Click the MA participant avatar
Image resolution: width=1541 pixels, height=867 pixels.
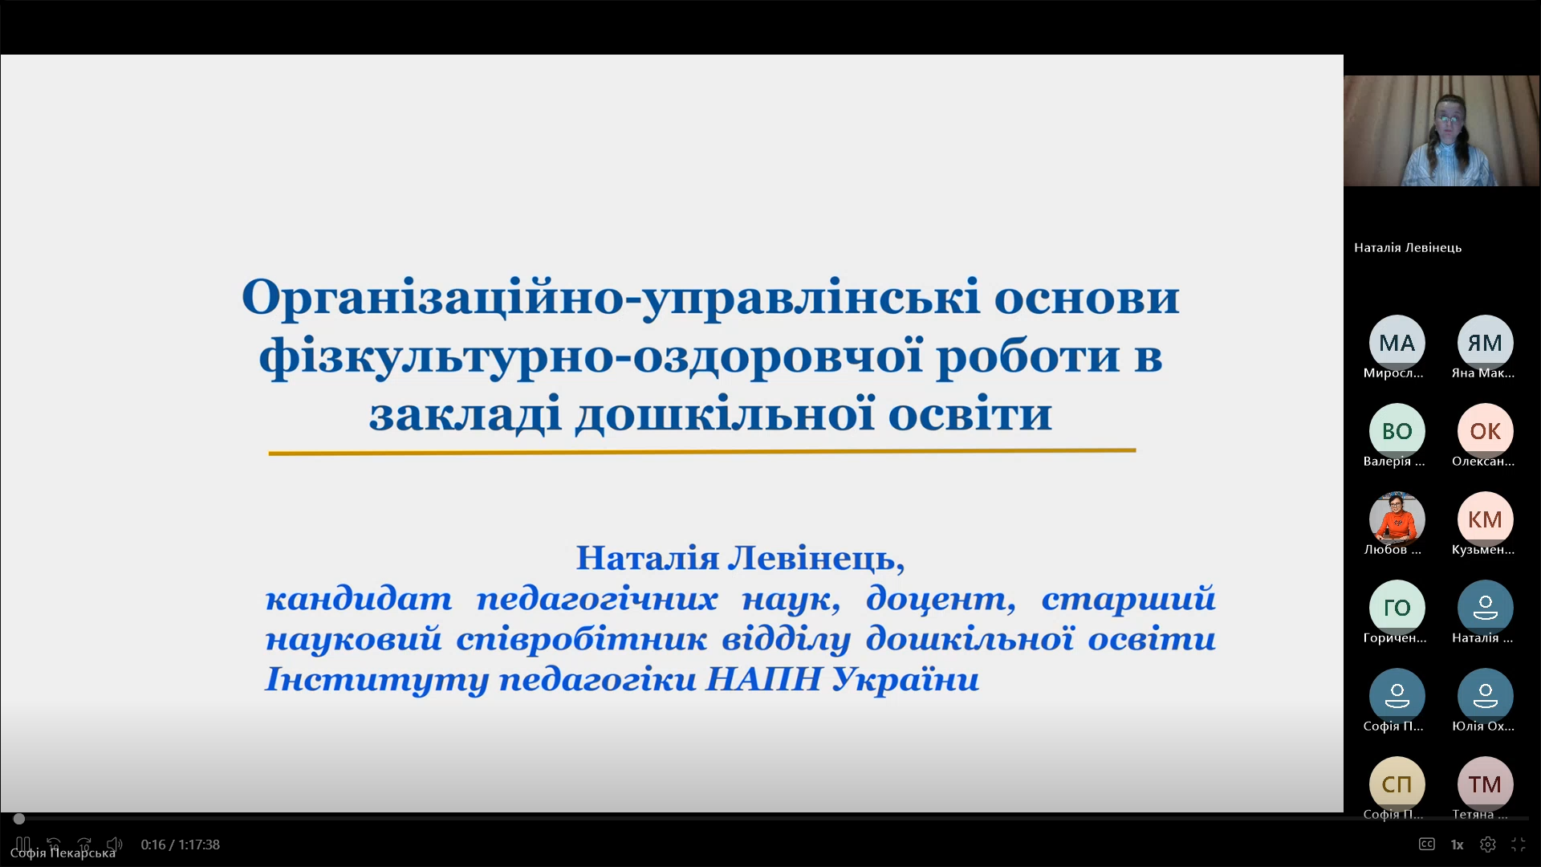[x=1397, y=343]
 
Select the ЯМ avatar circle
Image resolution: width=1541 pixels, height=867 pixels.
[x=1485, y=343]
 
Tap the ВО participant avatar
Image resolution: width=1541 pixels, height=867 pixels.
[x=1397, y=431]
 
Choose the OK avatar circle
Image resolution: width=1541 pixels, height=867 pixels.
[x=1485, y=431]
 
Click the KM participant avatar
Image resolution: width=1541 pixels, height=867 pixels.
[x=1485, y=519]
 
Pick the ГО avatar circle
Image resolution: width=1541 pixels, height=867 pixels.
[x=1397, y=608]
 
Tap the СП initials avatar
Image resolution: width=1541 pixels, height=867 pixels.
[x=1397, y=784]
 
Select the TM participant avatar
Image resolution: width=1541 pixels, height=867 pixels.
[x=1485, y=784]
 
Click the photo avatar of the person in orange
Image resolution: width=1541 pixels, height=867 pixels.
[x=1397, y=519]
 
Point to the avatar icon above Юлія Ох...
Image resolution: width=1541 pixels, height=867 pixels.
[x=1485, y=696]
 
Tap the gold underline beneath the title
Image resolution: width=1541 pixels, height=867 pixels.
[x=702, y=452]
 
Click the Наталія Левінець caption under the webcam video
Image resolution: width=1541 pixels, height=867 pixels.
[x=1408, y=248]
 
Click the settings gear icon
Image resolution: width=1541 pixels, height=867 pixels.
[x=1487, y=845]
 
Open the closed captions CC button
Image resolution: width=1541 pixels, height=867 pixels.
[x=1426, y=844]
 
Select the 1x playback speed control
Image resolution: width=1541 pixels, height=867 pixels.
[x=1457, y=845]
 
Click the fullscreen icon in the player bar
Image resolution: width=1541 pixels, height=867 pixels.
[x=1518, y=845]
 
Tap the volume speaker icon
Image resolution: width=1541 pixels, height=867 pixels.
[x=115, y=845]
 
